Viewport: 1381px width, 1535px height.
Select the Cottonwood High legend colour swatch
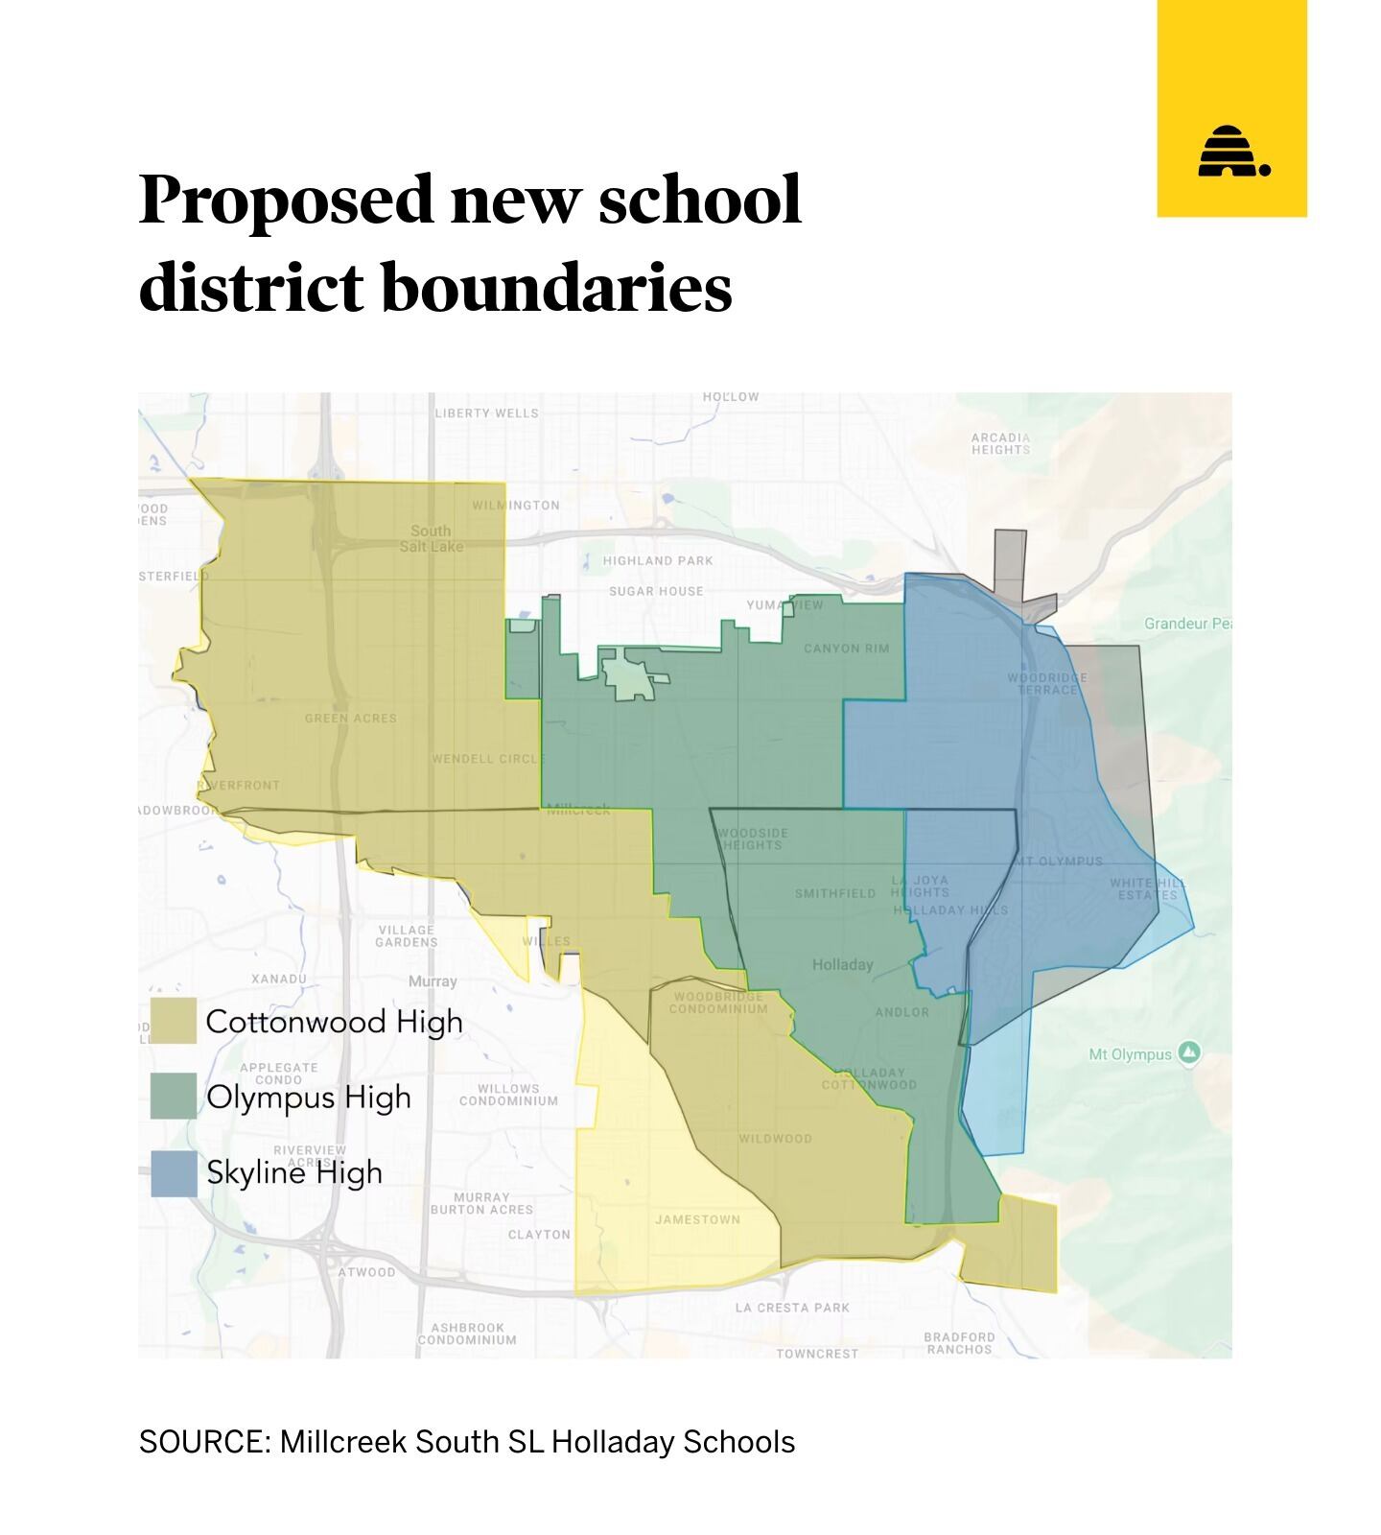(x=174, y=1021)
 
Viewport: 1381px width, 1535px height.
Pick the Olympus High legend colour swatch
(x=174, y=1096)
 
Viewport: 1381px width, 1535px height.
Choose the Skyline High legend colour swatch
(x=174, y=1172)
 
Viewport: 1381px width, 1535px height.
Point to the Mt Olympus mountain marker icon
(x=1189, y=1052)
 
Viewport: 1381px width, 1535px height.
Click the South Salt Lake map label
(x=431, y=538)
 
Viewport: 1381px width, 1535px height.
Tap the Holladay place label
(x=842, y=964)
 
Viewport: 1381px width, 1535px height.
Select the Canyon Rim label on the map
(x=846, y=649)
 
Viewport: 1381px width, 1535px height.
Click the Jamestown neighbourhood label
(x=697, y=1219)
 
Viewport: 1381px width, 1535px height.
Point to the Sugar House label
(x=656, y=591)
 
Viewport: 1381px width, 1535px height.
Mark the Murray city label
(x=433, y=981)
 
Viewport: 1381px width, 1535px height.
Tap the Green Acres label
(x=350, y=718)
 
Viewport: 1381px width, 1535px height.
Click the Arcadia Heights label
(x=1000, y=443)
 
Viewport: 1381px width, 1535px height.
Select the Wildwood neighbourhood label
(x=775, y=1139)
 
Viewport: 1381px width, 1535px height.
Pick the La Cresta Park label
(x=792, y=1308)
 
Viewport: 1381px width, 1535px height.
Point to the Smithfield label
(x=834, y=893)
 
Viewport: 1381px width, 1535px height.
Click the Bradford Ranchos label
(x=959, y=1342)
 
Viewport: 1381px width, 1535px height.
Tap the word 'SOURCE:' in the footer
(x=204, y=1442)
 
